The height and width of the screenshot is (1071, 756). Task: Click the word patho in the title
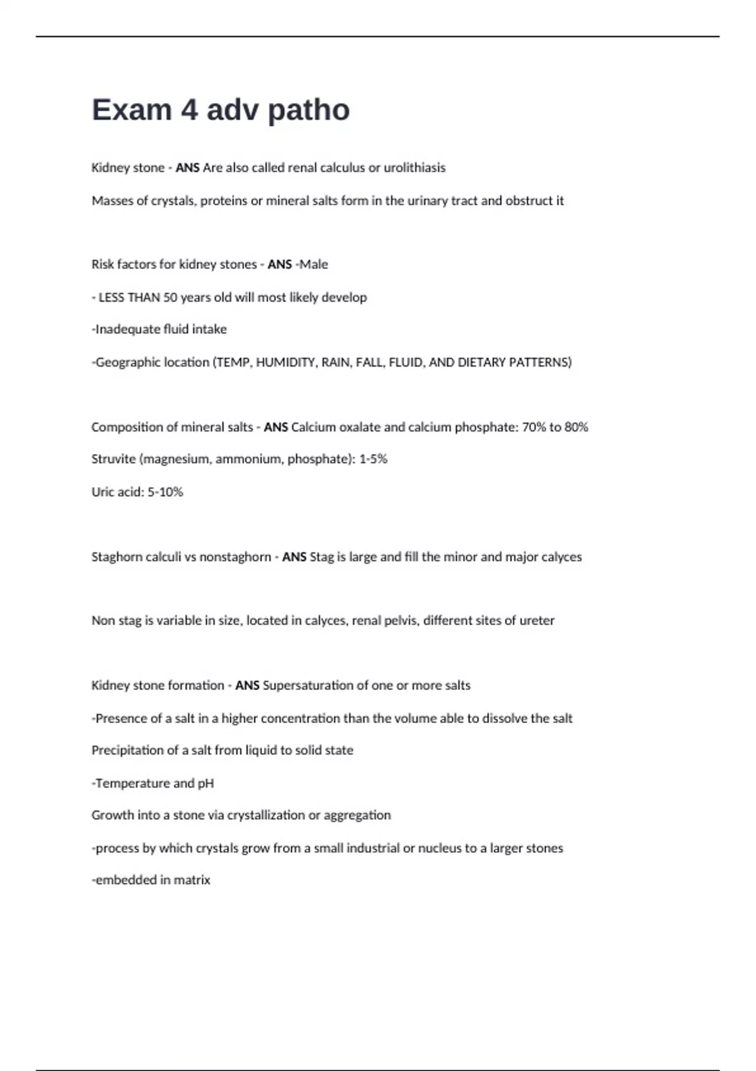pyautogui.click(x=309, y=110)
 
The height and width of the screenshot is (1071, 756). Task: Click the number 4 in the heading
pyautogui.click(x=189, y=110)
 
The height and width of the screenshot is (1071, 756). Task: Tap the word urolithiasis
pyautogui.click(x=415, y=168)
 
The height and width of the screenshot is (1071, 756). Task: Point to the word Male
pyautogui.click(x=314, y=264)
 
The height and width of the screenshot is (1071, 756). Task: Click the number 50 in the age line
pyautogui.click(x=170, y=297)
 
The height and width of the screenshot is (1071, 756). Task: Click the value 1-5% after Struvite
pyautogui.click(x=373, y=459)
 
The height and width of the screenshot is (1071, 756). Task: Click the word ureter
pyautogui.click(x=537, y=621)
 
